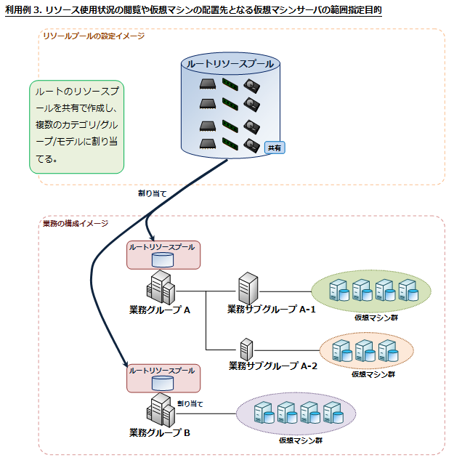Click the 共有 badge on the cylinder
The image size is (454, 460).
[x=275, y=148]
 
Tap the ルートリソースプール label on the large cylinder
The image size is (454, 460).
[x=230, y=64]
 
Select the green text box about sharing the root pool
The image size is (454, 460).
[x=77, y=126]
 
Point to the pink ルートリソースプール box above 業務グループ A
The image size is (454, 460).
[x=163, y=254]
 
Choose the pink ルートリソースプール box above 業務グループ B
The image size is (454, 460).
[x=163, y=377]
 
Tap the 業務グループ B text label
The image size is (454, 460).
[x=160, y=433]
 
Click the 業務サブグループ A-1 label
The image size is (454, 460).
[x=272, y=310]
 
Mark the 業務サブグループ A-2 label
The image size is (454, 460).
[x=273, y=366]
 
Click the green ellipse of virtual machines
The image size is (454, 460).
[x=371, y=291]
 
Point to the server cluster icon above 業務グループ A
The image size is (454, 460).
[x=161, y=286]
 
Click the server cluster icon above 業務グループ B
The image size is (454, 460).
[x=161, y=410]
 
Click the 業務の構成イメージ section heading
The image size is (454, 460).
[x=76, y=223]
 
